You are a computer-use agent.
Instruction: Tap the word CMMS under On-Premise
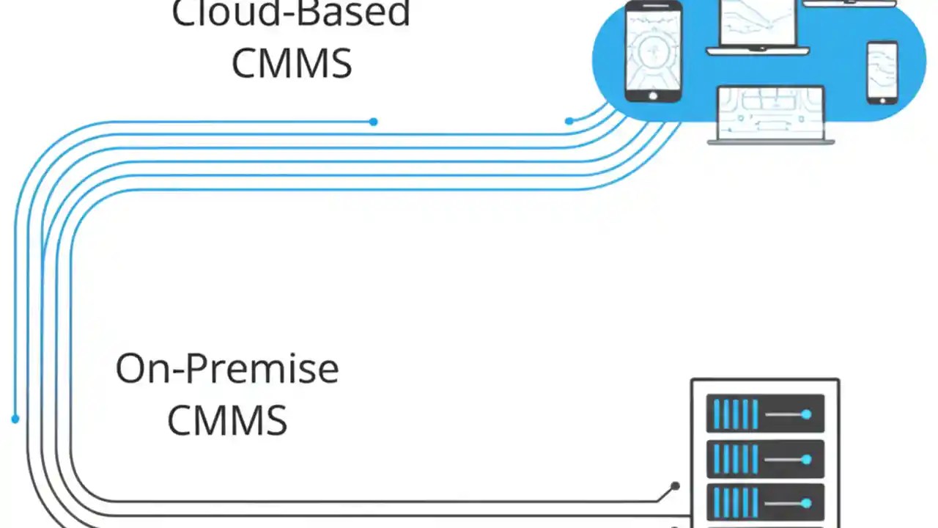tap(227, 421)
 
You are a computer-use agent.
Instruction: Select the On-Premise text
tap(227, 369)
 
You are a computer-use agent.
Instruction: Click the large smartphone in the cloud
tap(653, 51)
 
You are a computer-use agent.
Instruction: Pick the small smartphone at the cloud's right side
tap(882, 73)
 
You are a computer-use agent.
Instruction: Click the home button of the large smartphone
tap(653, 95)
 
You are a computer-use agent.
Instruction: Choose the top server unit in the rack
tap(765, 414)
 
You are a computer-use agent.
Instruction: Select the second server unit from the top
tap(765, 459)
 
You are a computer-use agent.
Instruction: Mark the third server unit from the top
tap(765, 504)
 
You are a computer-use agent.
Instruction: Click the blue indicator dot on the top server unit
tap(806, 415)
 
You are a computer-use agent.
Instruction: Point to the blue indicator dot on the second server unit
tap(806, 460)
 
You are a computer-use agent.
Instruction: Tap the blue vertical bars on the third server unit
tap(735, 504)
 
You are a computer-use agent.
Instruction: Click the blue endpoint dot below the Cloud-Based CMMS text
tap(374, 122)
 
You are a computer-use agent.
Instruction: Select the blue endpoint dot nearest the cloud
tap(569, 121)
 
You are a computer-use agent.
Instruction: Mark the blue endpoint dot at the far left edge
tap(15, 419)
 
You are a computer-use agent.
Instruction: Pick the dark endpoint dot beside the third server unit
tap(675, 485)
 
